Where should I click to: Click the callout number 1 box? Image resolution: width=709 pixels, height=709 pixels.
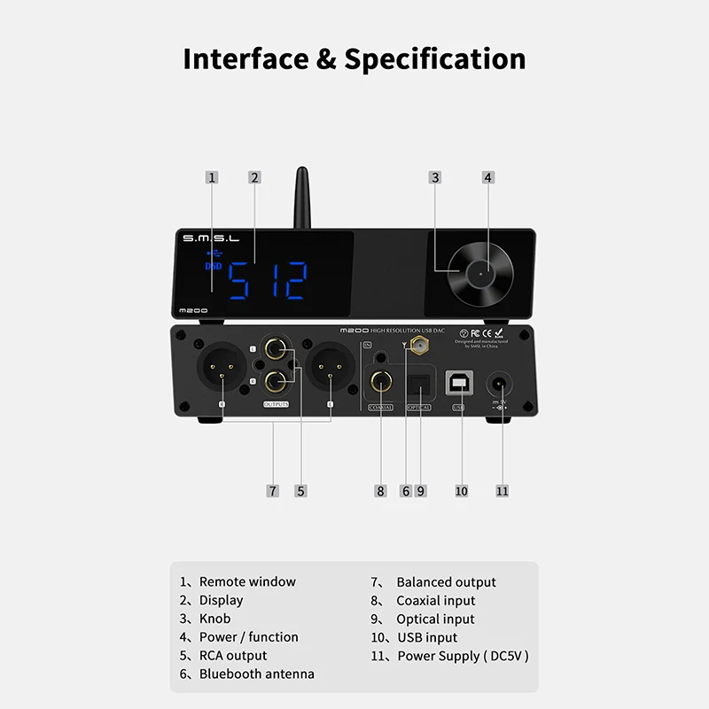pos(211,177)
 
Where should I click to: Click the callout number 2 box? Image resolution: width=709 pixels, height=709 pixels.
pos(254,177)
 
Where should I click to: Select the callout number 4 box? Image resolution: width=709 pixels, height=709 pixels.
pos(487,177)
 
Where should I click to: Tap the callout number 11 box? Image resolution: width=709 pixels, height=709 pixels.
pos(503,490)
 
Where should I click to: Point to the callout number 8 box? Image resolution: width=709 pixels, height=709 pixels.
pos(380,490)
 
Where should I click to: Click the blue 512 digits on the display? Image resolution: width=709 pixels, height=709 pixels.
pos(268,282)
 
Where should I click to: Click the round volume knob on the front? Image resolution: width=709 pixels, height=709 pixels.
pos(479,273)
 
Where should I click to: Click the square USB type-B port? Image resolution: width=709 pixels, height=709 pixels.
pos(458,382)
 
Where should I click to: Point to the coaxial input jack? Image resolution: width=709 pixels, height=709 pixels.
pos(380,384)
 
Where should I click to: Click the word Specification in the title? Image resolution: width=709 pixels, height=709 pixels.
pos(435,58)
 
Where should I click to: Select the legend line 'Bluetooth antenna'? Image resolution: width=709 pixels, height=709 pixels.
pos(257,674)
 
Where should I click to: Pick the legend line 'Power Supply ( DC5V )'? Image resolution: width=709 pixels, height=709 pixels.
pos(463,656)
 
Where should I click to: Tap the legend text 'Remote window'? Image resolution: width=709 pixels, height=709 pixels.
pos(247,581)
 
